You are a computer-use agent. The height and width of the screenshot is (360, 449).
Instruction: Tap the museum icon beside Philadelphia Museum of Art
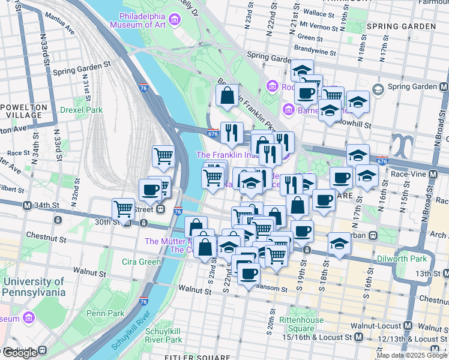(175, 20)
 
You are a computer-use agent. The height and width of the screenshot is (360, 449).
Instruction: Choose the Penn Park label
(105, 313)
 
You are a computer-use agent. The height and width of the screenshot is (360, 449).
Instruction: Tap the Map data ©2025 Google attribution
(412, 355)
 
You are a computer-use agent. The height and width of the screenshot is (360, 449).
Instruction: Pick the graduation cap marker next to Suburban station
(339, 244)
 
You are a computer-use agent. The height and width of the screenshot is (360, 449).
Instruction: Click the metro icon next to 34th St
(27, 205)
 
